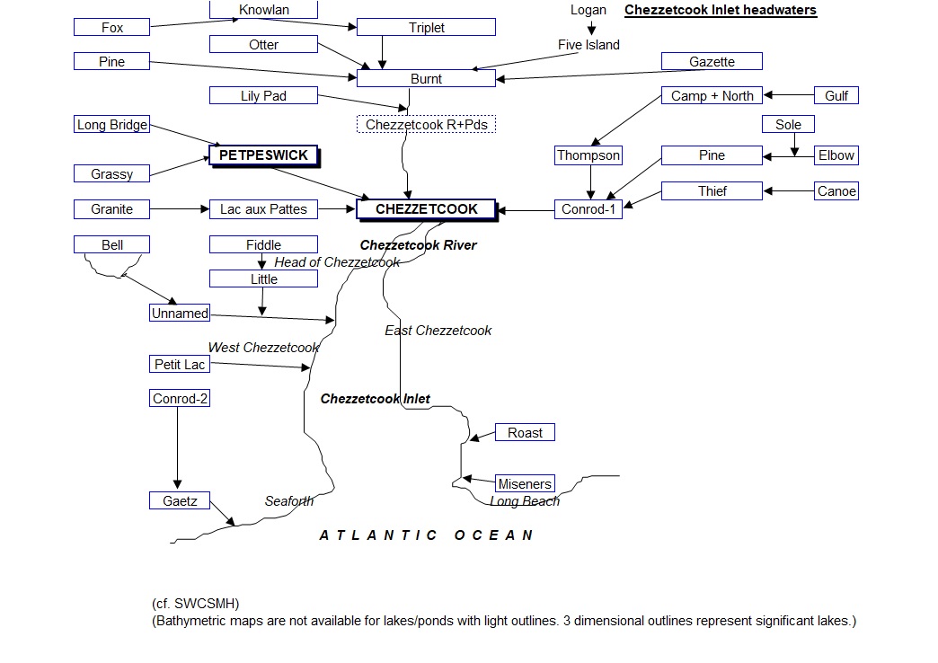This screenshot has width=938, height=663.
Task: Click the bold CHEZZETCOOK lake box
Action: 426,209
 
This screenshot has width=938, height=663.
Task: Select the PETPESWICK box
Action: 263,155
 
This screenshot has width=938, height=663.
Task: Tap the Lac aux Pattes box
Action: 263,209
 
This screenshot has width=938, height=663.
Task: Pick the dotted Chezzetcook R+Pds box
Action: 427,125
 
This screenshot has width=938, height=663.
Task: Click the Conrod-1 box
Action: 588,209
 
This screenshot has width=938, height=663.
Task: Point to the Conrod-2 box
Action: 180,399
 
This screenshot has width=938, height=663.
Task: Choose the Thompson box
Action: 588,155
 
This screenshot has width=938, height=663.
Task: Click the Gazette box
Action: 712,62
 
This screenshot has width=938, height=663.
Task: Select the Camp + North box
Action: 712,96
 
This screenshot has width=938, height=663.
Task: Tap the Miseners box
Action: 525,484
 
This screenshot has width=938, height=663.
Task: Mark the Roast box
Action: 525,433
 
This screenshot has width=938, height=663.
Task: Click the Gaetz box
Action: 180,501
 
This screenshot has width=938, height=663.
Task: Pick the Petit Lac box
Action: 180,365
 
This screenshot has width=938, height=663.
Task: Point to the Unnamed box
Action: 180,314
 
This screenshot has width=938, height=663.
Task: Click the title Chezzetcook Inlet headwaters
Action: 720,11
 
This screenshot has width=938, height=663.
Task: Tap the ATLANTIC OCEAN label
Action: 427,535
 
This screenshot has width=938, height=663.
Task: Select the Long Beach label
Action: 525,501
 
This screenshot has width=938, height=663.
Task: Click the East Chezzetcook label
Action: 438,331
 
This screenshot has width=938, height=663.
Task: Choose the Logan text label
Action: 588,10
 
